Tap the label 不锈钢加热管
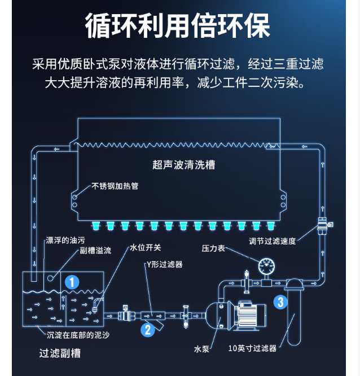tap(115, 185)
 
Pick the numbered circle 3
tap(280, 302)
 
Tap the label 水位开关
tap(145, 247)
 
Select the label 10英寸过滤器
tap(253, 348)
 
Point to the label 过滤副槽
tap(60, 353)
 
